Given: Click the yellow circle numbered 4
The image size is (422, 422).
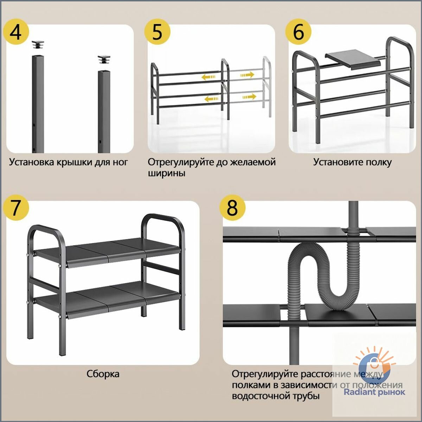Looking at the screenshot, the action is tap(16, 32).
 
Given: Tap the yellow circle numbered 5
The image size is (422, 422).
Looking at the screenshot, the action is tap(157, 32).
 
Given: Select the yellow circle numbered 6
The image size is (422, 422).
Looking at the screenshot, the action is tap(298, 32).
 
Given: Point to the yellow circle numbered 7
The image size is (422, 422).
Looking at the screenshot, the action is tap(16, 208).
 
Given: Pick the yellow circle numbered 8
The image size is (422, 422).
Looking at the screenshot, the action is tap(232, 207).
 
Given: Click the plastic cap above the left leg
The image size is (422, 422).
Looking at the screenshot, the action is tap(38, 44).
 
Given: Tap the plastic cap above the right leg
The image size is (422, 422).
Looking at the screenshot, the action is tap(104, 59).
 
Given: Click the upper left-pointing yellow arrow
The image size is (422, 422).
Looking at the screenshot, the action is tap(208, 77).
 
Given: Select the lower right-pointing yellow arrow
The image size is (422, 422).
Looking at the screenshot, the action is tap(249, 97).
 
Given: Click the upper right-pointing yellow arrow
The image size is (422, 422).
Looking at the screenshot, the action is tap(247, 75).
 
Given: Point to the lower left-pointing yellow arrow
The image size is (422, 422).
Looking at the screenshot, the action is tap(211, 99).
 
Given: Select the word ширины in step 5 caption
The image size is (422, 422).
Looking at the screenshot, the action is tap(166, 174).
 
